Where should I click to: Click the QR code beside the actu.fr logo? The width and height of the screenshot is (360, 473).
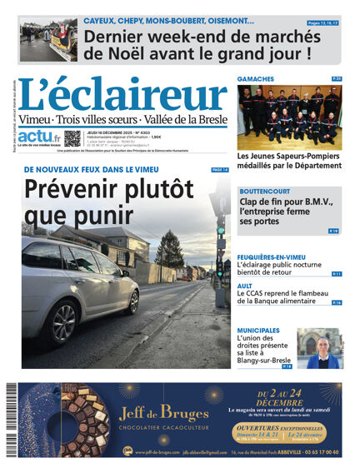pos(72,138)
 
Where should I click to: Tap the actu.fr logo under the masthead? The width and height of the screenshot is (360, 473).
pos(40,137)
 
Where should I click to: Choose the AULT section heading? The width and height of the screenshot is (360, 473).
pos(246,286)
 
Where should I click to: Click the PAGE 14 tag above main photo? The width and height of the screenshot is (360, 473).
pos(219,169)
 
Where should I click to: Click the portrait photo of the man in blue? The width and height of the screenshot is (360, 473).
pos(324,350)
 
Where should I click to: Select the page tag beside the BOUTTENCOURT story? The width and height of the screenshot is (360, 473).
pos(333,231)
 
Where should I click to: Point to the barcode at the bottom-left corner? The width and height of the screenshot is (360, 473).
pos(11,420)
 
